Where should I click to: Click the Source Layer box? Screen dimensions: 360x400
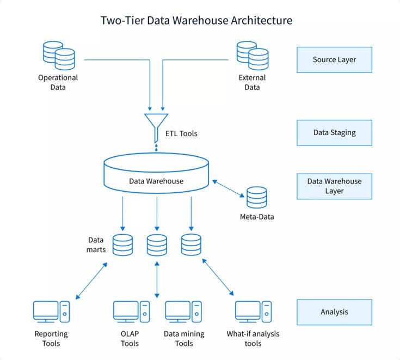point(334,59)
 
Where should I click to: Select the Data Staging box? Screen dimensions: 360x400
point(334,132)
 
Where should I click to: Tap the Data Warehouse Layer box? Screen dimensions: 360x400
point(334,186)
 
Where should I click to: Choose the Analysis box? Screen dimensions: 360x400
point(334,312)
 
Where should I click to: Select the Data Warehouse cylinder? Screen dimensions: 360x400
point(156,173)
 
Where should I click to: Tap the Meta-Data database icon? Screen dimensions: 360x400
point(256,198)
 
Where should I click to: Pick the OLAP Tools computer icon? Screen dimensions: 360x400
point(131,313)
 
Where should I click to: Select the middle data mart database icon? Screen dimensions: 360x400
point(157,245)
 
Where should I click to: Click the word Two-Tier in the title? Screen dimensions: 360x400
point(122,21)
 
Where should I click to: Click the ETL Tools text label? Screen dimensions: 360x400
point(181,133)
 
